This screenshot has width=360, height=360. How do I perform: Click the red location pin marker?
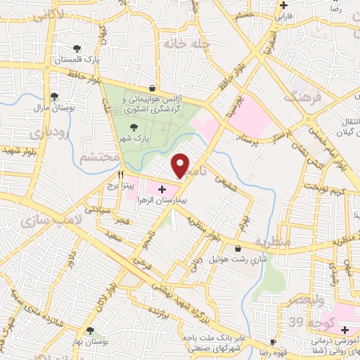tap(181, 166)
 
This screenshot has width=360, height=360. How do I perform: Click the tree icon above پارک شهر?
tap(133, 128)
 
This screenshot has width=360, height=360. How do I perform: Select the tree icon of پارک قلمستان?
tap(77, 49)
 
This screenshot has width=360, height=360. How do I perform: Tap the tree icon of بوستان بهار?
tap(89, 330)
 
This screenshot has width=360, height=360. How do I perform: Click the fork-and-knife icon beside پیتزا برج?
tap(121, 174)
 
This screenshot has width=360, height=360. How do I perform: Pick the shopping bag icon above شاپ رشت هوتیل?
tap(238, 247)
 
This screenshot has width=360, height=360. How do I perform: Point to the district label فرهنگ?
tap(302, 96)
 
